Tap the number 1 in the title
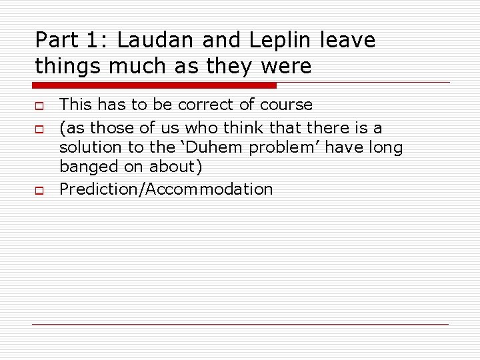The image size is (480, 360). tap(94, 41)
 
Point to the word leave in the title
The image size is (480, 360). tap(347, 41)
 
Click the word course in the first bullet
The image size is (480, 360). tap(286, 105)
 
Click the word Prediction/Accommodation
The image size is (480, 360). tap(166, 189)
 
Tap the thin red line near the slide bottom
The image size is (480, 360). tap(240, 324)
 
